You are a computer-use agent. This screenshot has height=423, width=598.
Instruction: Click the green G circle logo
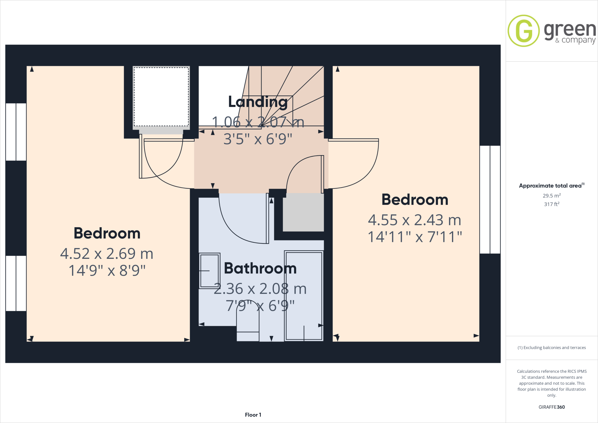coord(524,31)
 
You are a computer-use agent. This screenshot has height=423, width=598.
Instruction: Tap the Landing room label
coord(258,102)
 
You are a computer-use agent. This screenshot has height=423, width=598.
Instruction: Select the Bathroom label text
coord(260,268)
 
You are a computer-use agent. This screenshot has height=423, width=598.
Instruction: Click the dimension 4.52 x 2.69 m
coord(107,254)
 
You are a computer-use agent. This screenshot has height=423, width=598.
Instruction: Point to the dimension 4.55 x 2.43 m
coord(415,220)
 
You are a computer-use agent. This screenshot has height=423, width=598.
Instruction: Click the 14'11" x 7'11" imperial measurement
coord(415,237)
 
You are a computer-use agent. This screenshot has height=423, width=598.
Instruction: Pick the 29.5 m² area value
coord(552,196)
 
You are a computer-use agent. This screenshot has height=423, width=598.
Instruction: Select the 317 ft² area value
coord(552,204)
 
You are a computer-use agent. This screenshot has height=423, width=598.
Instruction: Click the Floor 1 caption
coord(253,415)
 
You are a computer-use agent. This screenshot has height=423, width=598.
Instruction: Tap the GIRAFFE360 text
coord(552,407)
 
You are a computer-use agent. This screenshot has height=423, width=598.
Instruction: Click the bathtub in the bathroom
coord(304,296)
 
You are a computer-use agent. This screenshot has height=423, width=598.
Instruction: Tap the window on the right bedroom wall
coord(490,199)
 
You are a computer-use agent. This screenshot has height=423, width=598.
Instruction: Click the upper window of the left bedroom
coord(16,132)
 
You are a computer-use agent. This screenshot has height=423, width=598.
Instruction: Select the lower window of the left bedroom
coord(16,283)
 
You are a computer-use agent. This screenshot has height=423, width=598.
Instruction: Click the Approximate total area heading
coord(550,186)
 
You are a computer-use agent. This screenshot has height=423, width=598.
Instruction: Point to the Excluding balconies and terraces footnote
coord(552,348)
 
